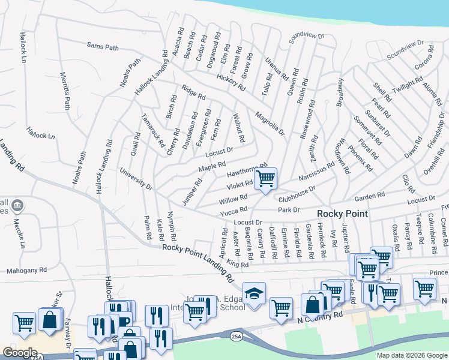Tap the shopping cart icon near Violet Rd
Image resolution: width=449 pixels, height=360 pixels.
(x=265, y=179)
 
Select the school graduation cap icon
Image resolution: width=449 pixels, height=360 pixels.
(x=255, y=294)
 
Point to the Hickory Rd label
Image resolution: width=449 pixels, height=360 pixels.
(x=231, y=82)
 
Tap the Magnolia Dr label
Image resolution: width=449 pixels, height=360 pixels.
(x=268, y=124)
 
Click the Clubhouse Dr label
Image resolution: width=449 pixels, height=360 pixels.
(x=297, y=194)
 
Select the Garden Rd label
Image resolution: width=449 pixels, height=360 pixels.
(x=369, y=196)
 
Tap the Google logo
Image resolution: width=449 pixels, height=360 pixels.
(x=19, y=353)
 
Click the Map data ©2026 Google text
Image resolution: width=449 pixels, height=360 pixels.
(x=411, y=355)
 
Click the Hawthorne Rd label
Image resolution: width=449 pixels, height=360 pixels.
(x=247, y=170)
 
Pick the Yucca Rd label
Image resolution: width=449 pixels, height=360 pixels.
(x=234, y=211)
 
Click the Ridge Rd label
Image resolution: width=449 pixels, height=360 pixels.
(x=193, y=92)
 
